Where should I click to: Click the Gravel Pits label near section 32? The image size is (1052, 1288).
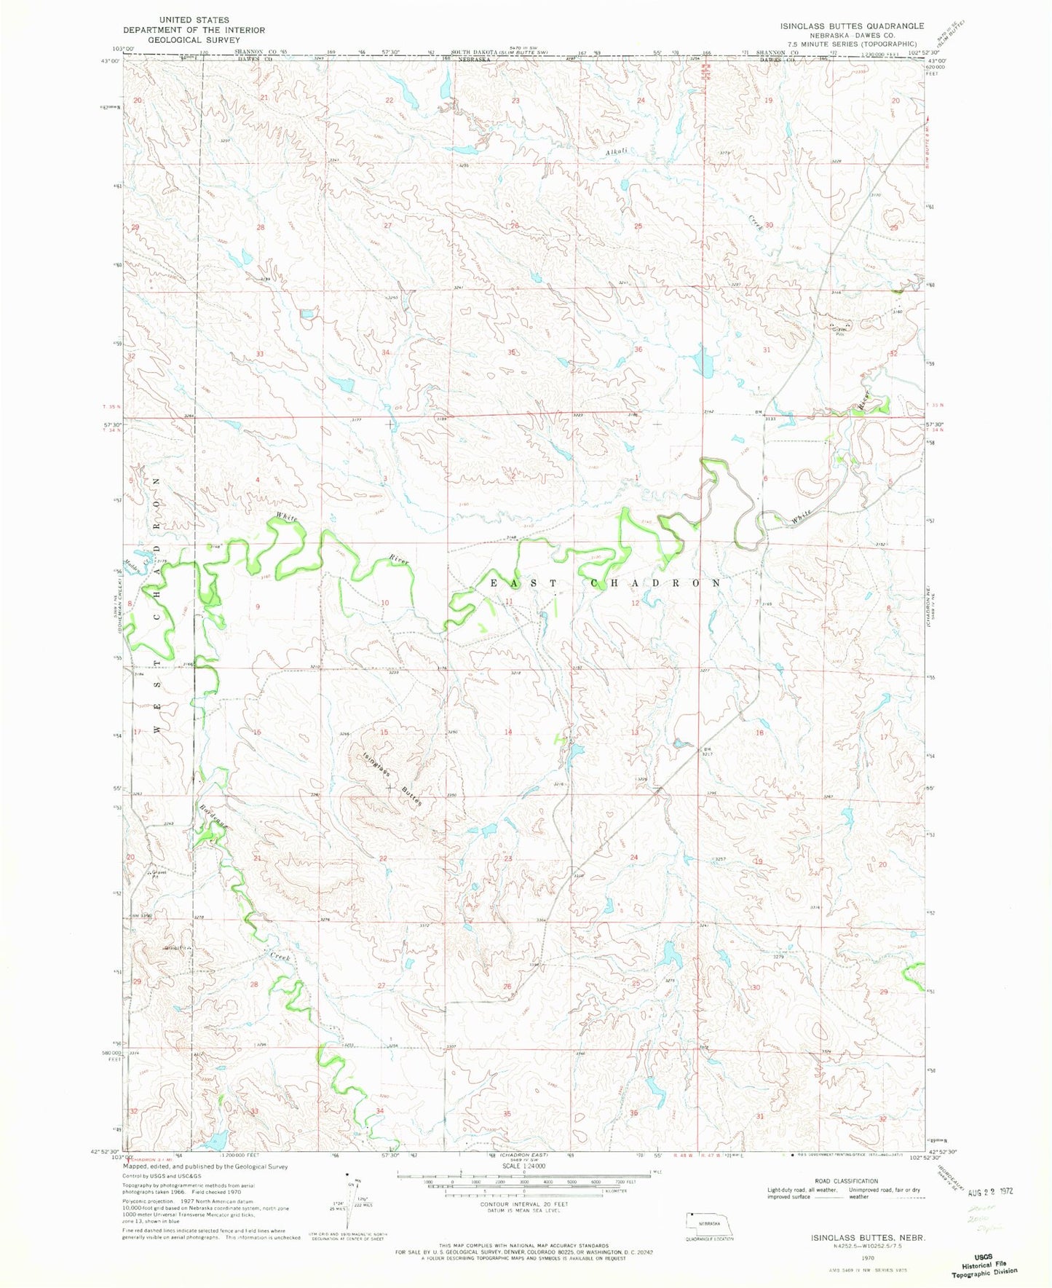coord(839,331)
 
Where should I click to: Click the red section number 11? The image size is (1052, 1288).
coord(510,601)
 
